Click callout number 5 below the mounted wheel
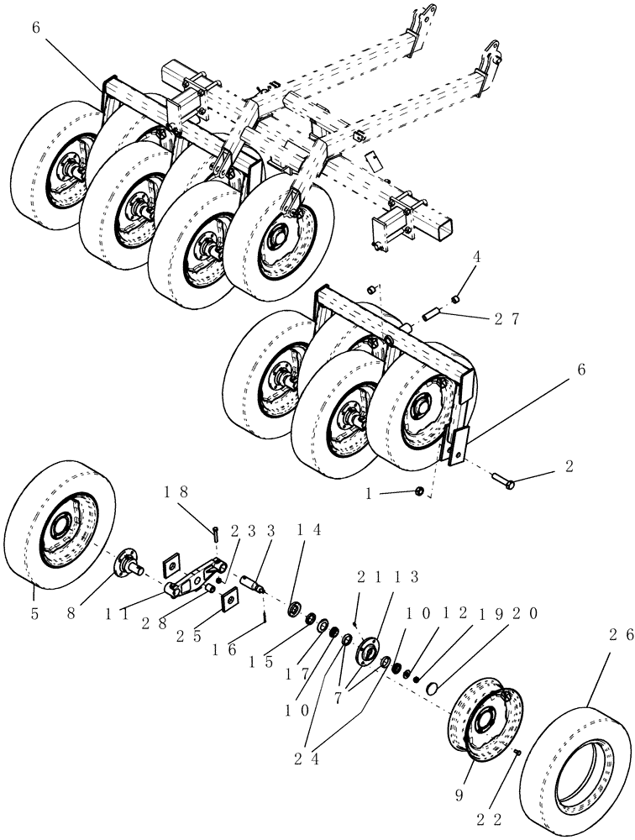click(34, 614)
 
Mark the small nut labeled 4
click(454, 297)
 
